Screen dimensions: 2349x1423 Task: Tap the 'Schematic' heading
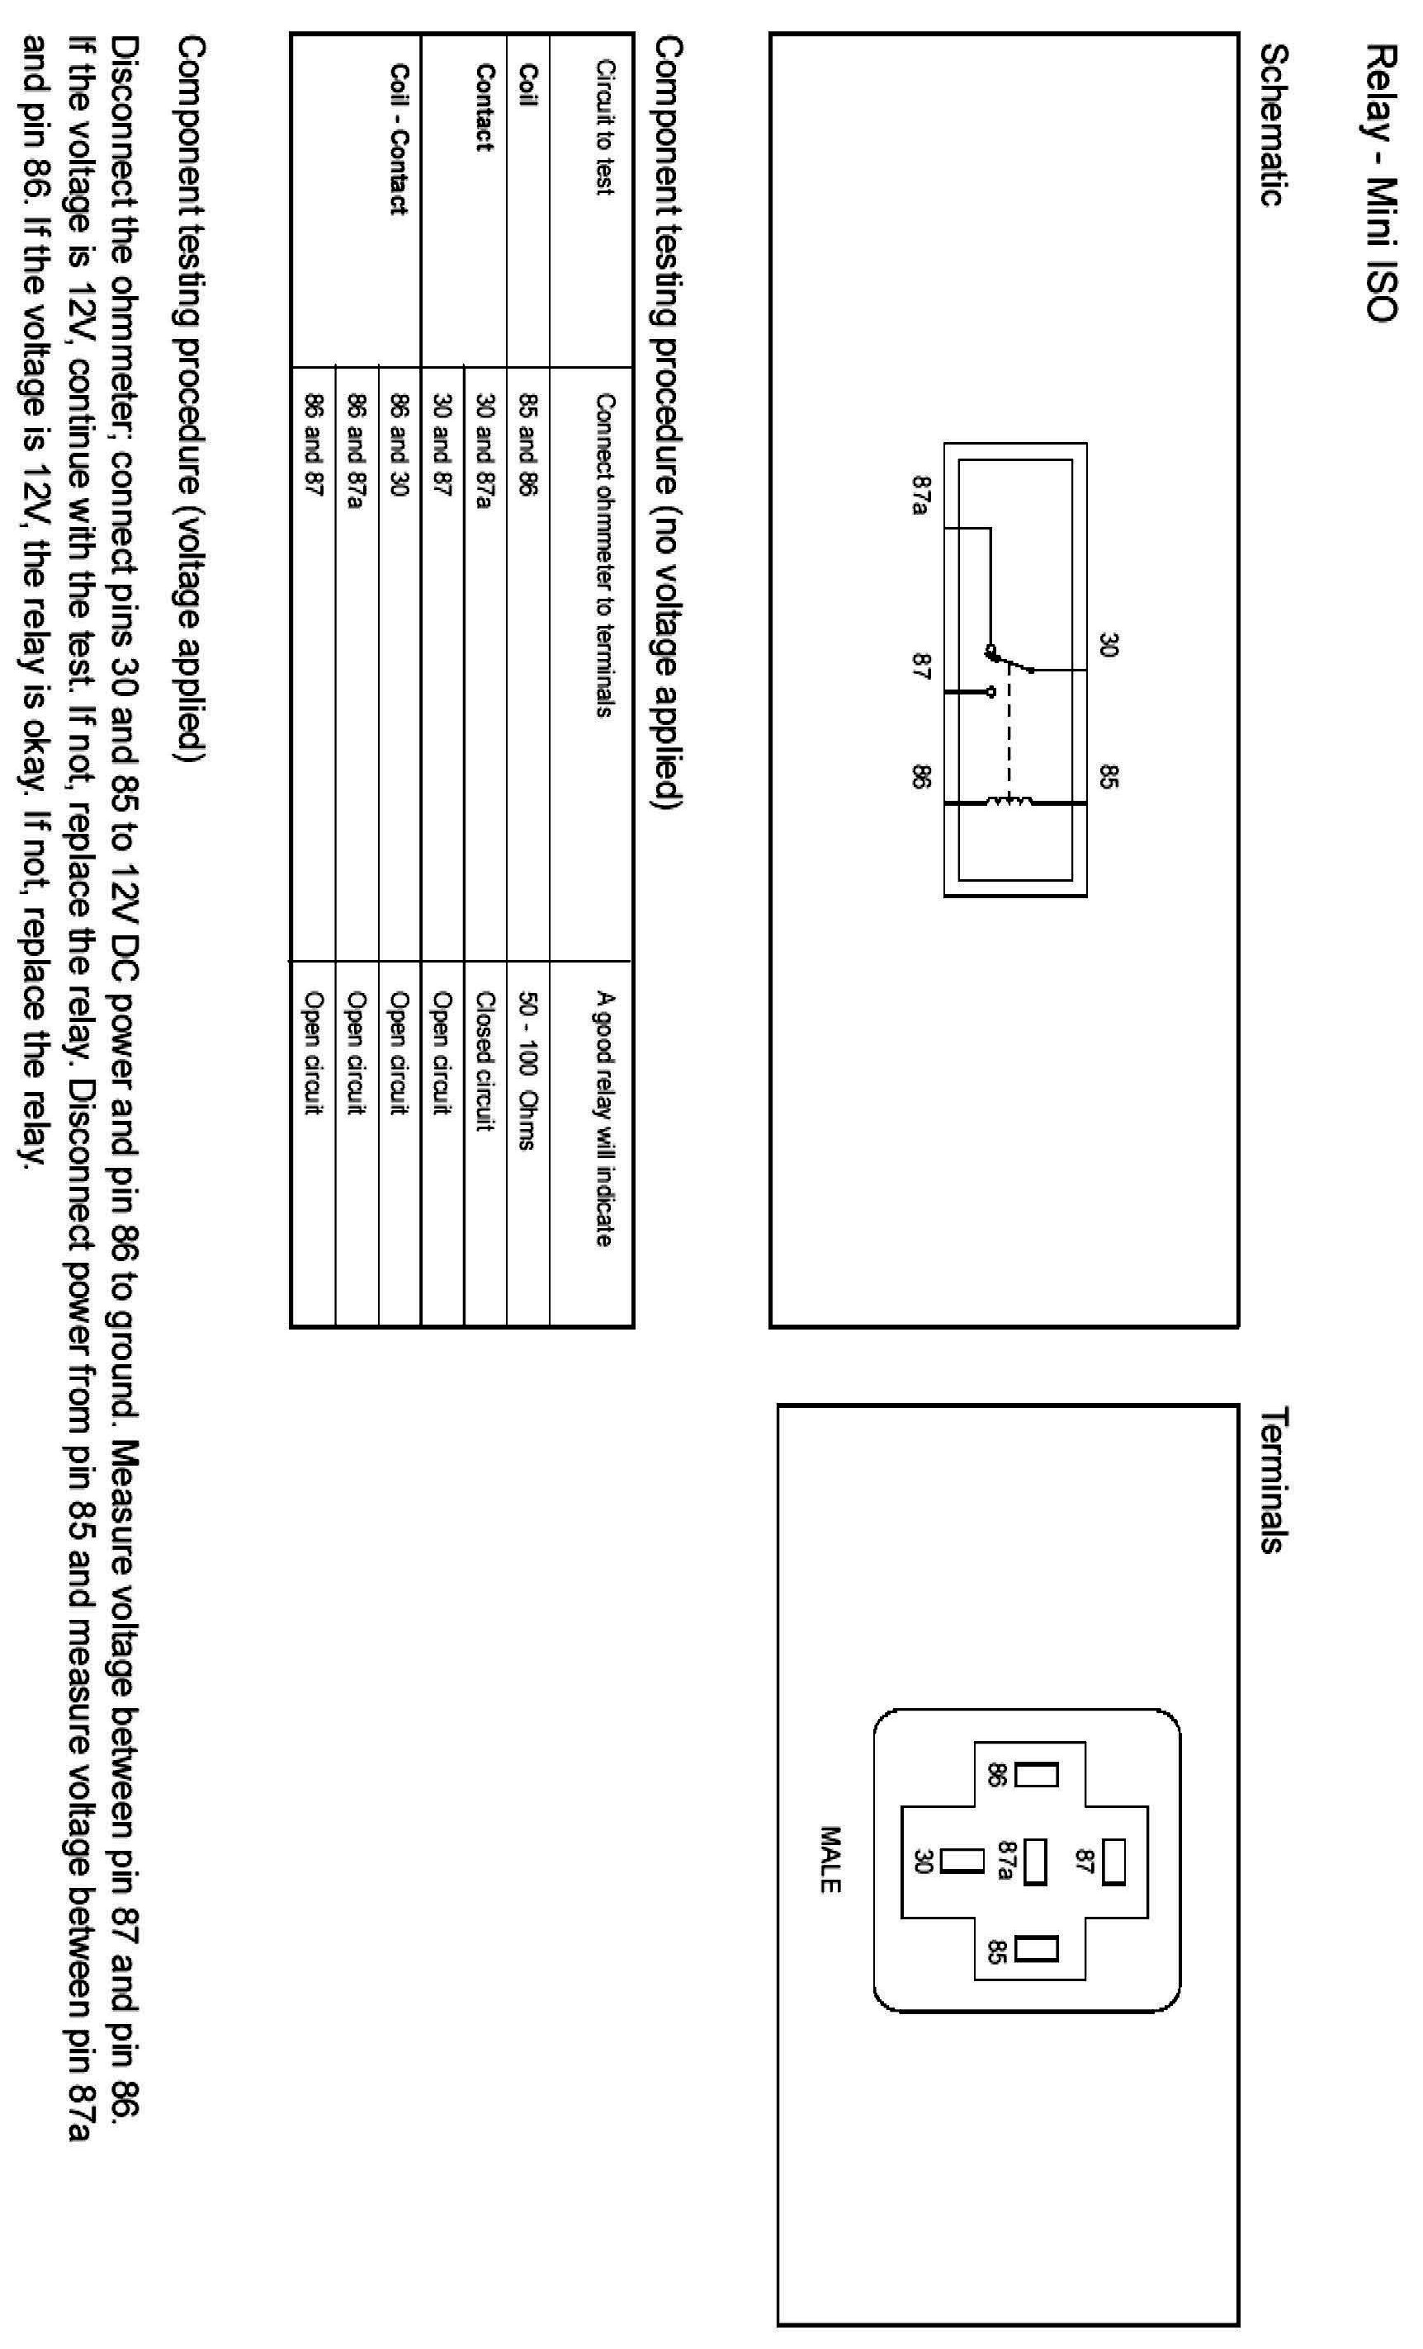(1274, 124)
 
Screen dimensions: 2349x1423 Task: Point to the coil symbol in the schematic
(1010, 803)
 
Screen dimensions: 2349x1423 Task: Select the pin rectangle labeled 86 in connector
(1037, 1774)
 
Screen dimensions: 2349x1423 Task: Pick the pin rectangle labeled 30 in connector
(962, 1861)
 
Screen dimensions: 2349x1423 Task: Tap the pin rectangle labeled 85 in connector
(1037, 1949)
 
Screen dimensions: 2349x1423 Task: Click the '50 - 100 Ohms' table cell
(527, 1070)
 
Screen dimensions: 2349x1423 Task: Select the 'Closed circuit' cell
(485, 1060)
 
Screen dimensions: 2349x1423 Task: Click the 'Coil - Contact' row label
(399, 139)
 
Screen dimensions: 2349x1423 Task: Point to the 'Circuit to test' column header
(603, 128)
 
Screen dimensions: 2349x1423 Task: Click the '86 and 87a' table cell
(356, 452)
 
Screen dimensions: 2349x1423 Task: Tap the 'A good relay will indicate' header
(603, 1118)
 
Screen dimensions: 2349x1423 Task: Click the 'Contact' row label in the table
(485, 106)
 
